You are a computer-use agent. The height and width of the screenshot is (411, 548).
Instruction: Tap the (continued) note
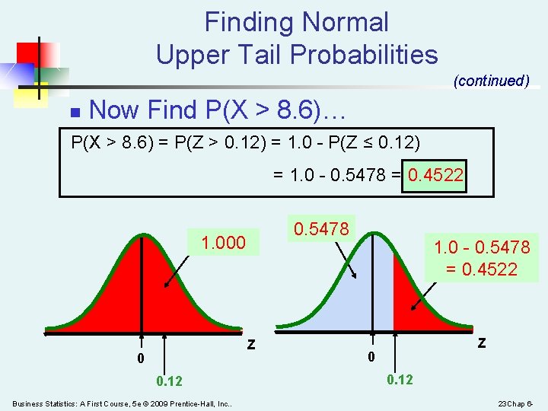491,81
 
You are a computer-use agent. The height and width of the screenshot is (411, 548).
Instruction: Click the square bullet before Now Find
74,112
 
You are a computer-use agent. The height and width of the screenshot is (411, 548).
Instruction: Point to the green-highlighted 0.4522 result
435,177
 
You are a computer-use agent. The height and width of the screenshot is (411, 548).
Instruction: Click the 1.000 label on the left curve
223,243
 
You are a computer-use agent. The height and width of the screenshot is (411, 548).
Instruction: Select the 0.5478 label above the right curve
320,228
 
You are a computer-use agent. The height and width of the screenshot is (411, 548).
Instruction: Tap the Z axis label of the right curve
481,342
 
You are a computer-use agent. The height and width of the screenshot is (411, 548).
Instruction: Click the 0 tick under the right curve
371,357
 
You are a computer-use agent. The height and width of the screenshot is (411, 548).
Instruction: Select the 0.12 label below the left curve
169,381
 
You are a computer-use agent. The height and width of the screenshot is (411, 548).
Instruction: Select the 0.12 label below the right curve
400,379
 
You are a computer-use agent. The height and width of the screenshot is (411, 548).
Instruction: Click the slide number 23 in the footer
505,403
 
